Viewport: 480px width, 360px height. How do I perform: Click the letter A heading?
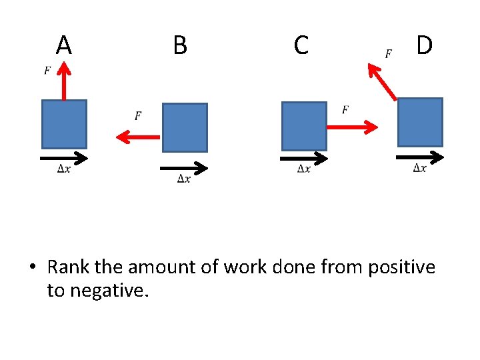pyautogui.click(x=63, y=45)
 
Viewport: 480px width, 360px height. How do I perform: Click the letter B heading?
pyautogui.click(x=180, y=45)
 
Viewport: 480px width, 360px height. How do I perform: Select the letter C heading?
pyautogui.click(x=301, y=45)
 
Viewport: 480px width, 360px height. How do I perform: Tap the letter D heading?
pyautogui.click(x=424, y=45)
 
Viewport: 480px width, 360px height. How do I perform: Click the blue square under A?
pyautogui.click(x=64, y=124)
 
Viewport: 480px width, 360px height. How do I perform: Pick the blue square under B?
pyautogui.click(x=185, y=127)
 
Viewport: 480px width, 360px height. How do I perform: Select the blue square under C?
pyautogui.click(x=304, y=126)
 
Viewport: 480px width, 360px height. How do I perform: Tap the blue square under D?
pyautogui.click(x=420, y=122)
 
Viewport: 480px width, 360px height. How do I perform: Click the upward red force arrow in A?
pyautogui.click(x=64, y=80)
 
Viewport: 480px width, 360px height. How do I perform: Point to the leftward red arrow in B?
pyautogui.click(x=139, y=137)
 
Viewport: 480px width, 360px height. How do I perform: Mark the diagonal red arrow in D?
pyautogui.click(x=382, y=81)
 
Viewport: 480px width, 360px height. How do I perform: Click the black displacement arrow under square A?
pyautogui.click(x=64, y=158)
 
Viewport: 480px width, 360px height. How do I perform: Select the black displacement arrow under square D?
pyautogui.click(x=420, y=157)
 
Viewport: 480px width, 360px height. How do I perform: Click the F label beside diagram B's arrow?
pyautogui.click(x=138, y=116)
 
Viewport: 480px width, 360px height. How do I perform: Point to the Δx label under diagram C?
pyautogui.click(x=303, y=169)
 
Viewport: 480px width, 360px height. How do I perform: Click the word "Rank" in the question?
pyautogui.click(x=69, y=267)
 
